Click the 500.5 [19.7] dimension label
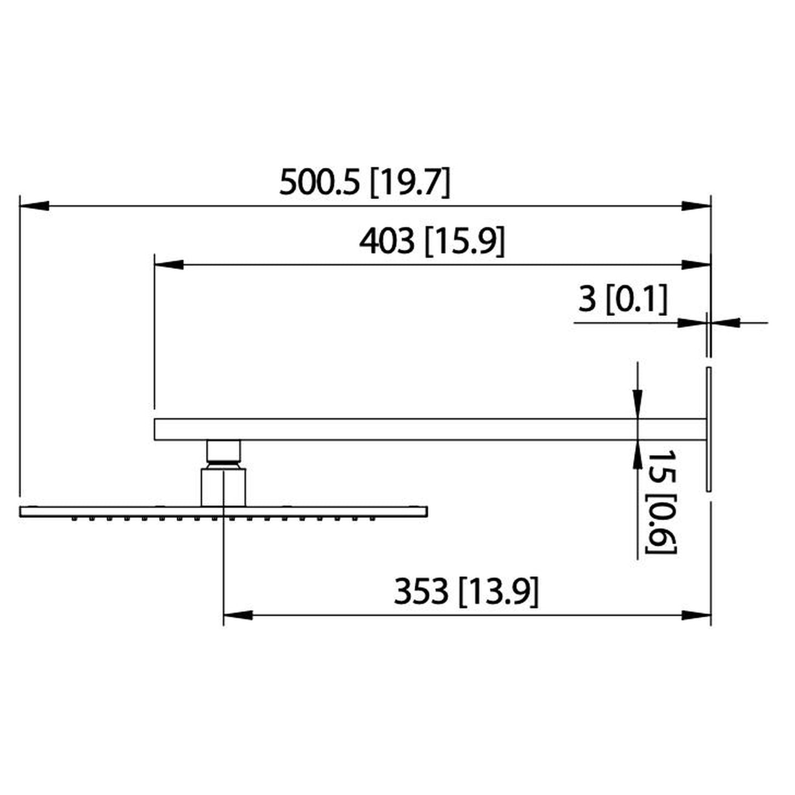pyautogui.click(x=365, y=183)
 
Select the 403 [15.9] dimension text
pyautogui.click(x=431, y=242)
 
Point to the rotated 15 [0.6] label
pyautogui.click(x=660, y=501)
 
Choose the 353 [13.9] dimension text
pyautogui.click(x=466, y=592)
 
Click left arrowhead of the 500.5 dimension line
pyautogui.click(x=33, y=206)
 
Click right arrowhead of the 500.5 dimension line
pyautogui.click(x=697, y=206)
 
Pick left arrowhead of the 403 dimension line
pyautogui.click(x=168, y=265)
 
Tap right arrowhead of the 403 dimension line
pyautogui.click(x=697, y=265)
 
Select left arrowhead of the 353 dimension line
pyautogui.click(x=238, y=615)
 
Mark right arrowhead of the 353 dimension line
pyautogui.click(x=697, y=615)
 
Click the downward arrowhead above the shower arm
pyautogui.click(x=637, y=402)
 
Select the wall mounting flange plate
pyautogui.click(x=708, y=429)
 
